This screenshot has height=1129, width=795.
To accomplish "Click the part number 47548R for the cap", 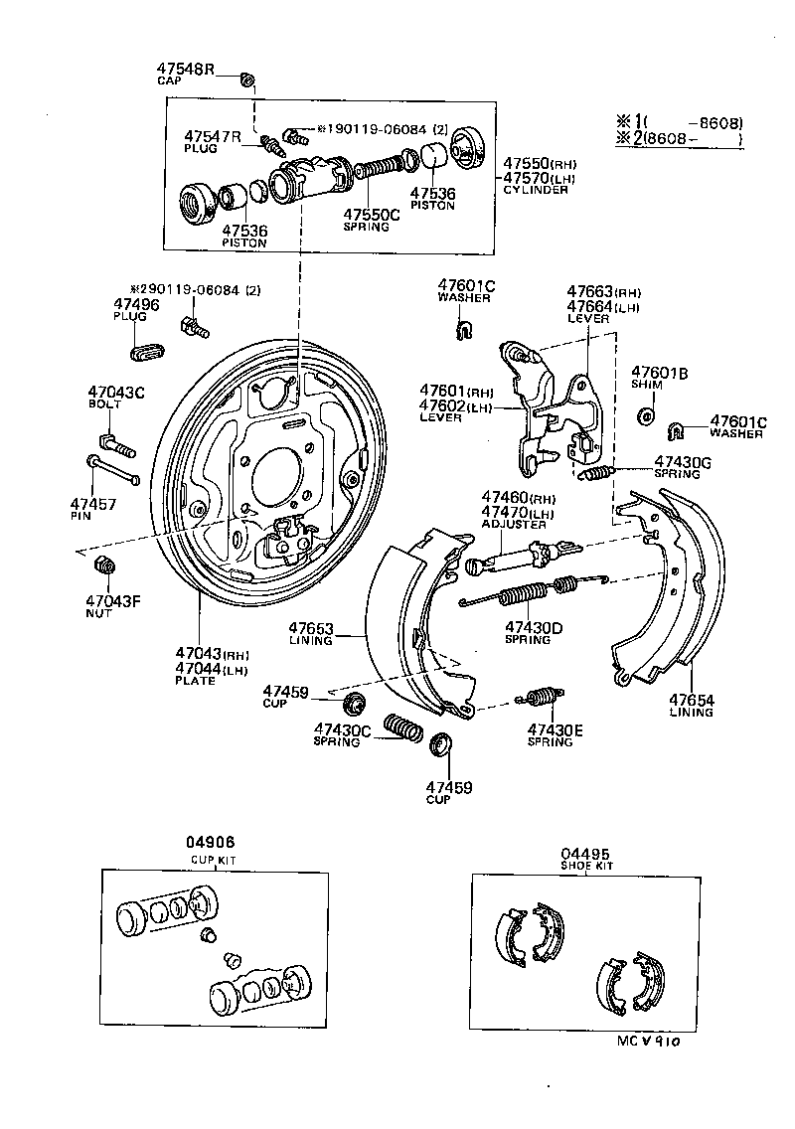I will (x=185, y=69).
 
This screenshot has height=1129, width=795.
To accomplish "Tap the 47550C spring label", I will (x=372, y=214).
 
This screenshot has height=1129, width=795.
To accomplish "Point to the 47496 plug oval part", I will (x=147, y=350).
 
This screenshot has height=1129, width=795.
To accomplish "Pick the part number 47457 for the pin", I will (x=93, y=504).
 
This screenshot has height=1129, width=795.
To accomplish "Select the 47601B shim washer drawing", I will (x=646, y=414).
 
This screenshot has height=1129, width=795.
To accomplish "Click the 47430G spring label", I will (x=683, y=462).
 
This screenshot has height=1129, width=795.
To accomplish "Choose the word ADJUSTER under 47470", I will (x=514, y=524).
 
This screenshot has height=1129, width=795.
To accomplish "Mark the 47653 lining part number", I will (x=311, y=628).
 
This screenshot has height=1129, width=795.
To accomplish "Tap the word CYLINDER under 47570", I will (x=536, y=190).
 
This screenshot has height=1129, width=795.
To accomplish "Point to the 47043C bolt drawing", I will (x=116, y=442).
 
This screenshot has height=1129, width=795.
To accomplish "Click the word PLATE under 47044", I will (x=195, y=681).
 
